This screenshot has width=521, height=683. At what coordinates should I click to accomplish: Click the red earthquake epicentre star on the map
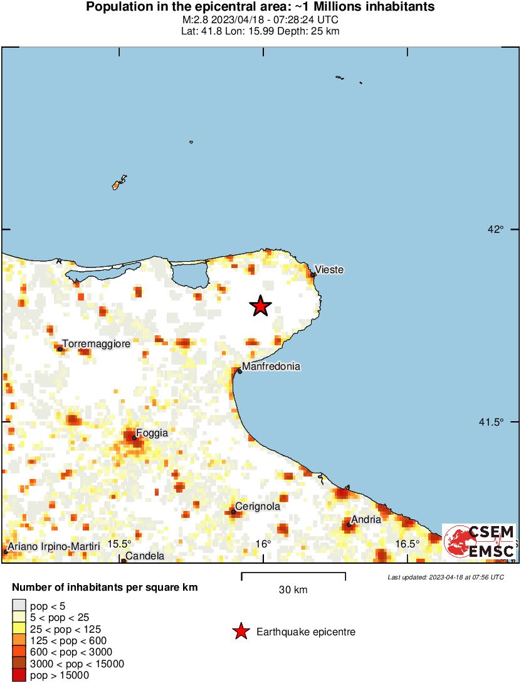click(260, 306)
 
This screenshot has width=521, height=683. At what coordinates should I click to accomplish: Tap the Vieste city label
click(329, 270)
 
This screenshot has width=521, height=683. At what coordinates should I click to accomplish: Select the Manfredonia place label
click(271, 367)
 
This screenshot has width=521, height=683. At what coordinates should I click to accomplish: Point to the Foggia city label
click(152, 433)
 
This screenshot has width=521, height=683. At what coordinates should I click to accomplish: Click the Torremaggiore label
click(96, 344)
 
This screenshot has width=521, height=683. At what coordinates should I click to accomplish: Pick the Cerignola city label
click(257, 507)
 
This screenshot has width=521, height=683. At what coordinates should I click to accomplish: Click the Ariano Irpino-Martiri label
click(54, 547)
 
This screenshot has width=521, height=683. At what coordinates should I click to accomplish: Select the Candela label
click(145, 556)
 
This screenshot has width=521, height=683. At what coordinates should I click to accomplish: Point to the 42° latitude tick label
click(497, 230)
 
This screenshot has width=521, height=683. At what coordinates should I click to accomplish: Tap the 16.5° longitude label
click(408, 544)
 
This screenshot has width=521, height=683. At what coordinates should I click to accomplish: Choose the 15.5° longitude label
click(119, 544)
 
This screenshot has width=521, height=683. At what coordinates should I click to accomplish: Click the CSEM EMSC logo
click(479, 542)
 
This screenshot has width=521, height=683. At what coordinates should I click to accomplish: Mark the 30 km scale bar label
click(293, 590)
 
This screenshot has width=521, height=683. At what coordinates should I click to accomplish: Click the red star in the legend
click(240, 632)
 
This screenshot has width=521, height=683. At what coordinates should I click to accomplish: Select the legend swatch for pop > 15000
click(19, 675)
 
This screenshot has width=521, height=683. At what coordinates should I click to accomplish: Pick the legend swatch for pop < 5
click(19, 606)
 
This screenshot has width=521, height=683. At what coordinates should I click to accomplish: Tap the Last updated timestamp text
click(445, 577)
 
